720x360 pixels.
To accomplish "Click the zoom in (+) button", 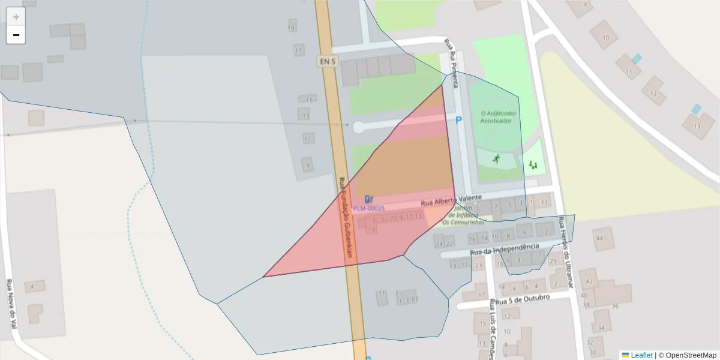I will (x=16, y=17).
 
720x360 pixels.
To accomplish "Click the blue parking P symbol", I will (x=459, y=121).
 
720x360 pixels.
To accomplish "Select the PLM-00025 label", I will (x=368, y=208).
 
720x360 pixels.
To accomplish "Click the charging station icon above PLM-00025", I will (x=369, y=199).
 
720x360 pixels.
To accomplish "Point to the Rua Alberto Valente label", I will (x=451, y=200).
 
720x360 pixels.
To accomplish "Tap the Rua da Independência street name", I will (x=505, y=248).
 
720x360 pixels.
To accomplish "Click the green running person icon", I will (x=496, y=159).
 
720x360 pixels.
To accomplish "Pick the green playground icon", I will (x=533, y=164).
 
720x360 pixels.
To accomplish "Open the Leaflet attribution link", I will (x=641, y=355).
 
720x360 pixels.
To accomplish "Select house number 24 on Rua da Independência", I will (x=439, y=244).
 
